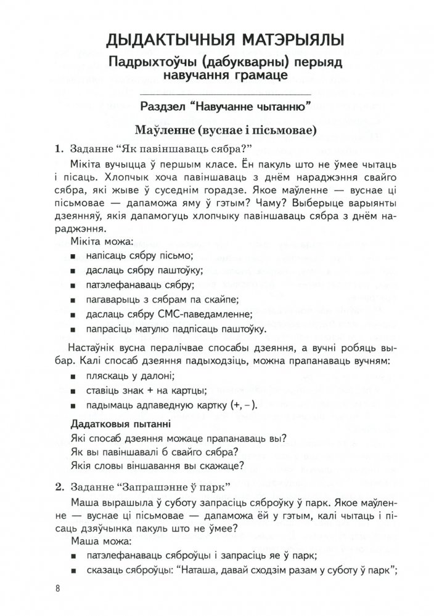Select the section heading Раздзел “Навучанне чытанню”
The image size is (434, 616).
coord(225,105)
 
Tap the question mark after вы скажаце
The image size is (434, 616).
coord(244,465)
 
